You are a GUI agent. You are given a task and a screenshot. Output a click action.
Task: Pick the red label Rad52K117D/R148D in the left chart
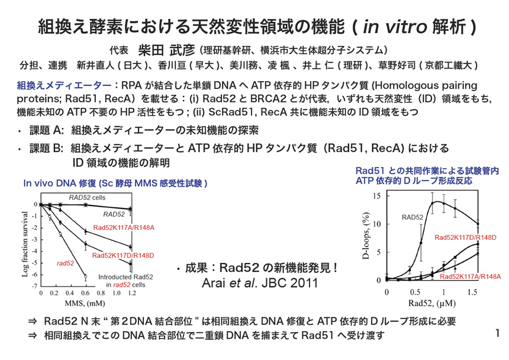click(x=123, y=256)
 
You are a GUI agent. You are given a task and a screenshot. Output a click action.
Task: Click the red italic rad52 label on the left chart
click(x=65, y=262)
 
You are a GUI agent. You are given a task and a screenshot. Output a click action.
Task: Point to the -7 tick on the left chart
click(x=35, y=286)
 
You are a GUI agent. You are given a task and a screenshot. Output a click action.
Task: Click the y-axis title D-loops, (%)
click(x=366, y=237)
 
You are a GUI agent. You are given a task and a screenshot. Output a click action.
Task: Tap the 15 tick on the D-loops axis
click(x=377, y=195)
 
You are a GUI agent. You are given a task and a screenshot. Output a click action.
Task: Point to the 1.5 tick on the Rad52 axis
click(x=471, y=292)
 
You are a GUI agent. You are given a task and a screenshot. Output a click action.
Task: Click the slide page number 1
click(x=498, y=333)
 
